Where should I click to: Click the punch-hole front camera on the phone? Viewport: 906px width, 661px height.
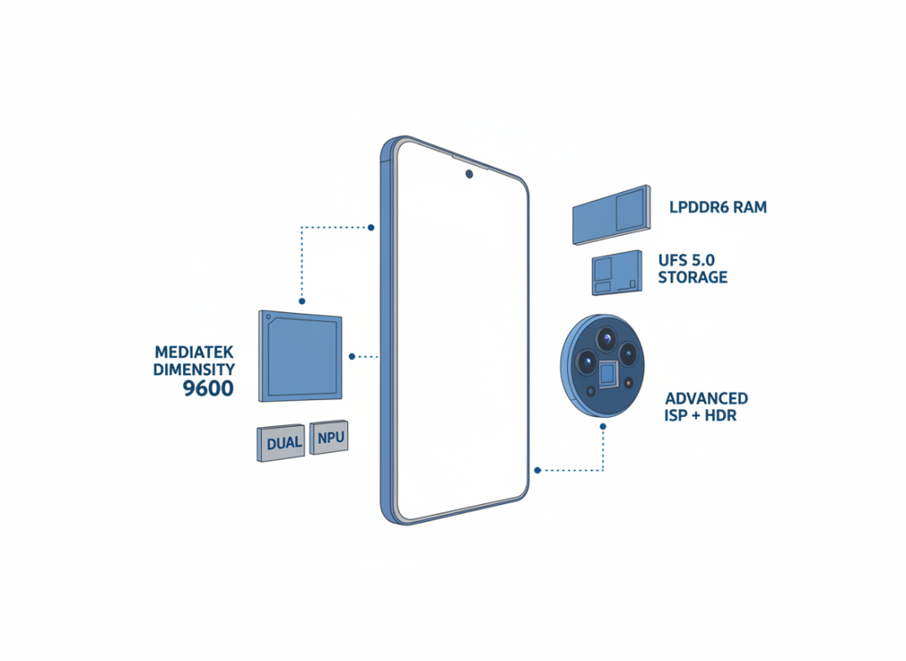tap(469, 174)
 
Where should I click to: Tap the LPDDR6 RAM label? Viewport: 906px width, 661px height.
tap(718, 207)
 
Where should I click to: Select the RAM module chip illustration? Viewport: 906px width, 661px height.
tap(612, 215)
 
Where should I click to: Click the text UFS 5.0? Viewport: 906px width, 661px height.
tap(686, 260)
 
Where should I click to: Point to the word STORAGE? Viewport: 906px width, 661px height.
tap(693, 278)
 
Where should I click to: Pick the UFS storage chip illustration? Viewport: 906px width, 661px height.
tap(617, 273)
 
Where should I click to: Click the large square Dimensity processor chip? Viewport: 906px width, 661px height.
tap(299, 356)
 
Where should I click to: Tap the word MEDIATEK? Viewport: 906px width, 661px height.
tap(194, 351)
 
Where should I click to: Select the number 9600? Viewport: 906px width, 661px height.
tap(209, 388)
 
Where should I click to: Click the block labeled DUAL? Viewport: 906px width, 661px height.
tap(281, 443)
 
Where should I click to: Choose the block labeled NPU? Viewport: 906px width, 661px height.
tap(329, 437)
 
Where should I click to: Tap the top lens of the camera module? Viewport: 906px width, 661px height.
tap(607, 339)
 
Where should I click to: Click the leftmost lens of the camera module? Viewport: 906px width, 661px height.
tap(586, 362)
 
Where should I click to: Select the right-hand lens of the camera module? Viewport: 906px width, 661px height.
tap(627, 353)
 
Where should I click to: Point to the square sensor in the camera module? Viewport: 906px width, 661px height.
tap(607, 374)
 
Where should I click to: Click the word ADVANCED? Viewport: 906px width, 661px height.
tap(706, 398)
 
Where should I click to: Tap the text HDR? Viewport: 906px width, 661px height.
tap(721, 415)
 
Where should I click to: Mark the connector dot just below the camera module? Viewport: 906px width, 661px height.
tap(603, 427)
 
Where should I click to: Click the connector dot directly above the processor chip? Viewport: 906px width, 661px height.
tap(302, 301)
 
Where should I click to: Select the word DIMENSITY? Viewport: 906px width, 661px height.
tap(194, 369)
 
